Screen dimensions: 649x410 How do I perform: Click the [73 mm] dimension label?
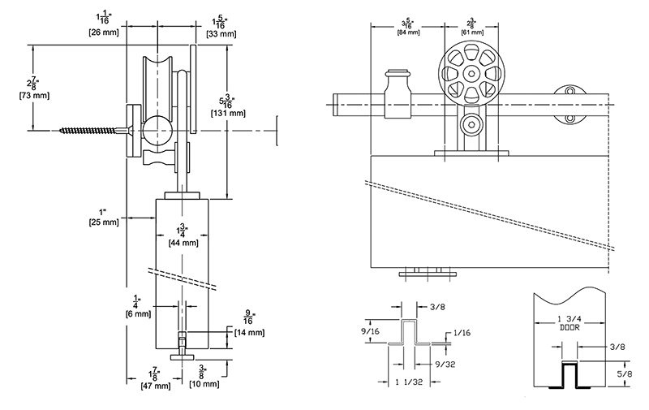coord(34,96)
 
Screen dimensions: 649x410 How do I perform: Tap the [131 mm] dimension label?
coord(228,113)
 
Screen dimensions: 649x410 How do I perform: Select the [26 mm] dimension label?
coord(104,32)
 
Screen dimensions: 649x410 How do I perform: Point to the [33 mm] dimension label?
coord(221,34)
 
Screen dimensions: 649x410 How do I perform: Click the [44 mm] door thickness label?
coord(183,243)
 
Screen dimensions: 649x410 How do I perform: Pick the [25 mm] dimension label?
coord(104,222)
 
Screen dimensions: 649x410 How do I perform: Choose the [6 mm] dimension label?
coord(138,314)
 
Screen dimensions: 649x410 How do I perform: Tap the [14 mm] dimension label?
coord(249,332)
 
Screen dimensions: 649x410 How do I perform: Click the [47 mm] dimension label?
coord(156,386)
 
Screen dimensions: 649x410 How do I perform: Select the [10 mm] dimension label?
coord(204,384)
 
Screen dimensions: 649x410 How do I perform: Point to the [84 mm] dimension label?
coord(409,32)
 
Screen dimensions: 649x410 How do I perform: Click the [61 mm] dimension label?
coord(472,32)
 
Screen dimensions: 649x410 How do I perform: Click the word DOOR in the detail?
coord(570,327)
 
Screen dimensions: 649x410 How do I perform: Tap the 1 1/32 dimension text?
coord(409,382)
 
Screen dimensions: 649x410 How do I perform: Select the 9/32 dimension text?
coord(445,364)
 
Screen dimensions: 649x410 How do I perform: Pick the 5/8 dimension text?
coord(625,373)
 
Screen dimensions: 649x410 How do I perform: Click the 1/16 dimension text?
coord(462,333)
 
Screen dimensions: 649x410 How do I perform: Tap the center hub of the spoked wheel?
coord(471,74)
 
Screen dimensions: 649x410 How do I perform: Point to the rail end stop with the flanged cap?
coord(398,93)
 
